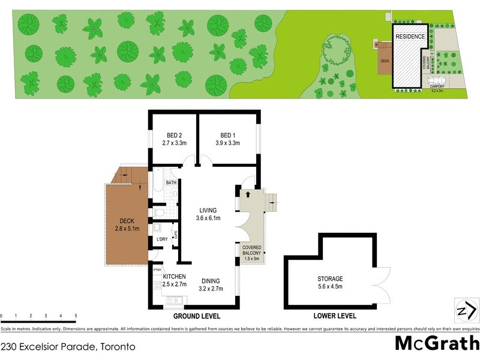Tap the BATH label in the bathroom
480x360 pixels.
(171, 182)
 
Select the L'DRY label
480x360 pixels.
(162, 240)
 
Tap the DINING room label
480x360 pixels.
(211, 281)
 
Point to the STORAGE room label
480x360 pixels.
(330, 279)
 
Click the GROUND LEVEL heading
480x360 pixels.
(197, 316)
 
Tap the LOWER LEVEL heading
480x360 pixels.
(335, 316)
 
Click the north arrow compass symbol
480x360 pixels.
(465, 310)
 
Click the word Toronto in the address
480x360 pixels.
(115, 347)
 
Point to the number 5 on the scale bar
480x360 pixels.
(76, 316)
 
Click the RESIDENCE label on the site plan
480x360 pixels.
(410, 37)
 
